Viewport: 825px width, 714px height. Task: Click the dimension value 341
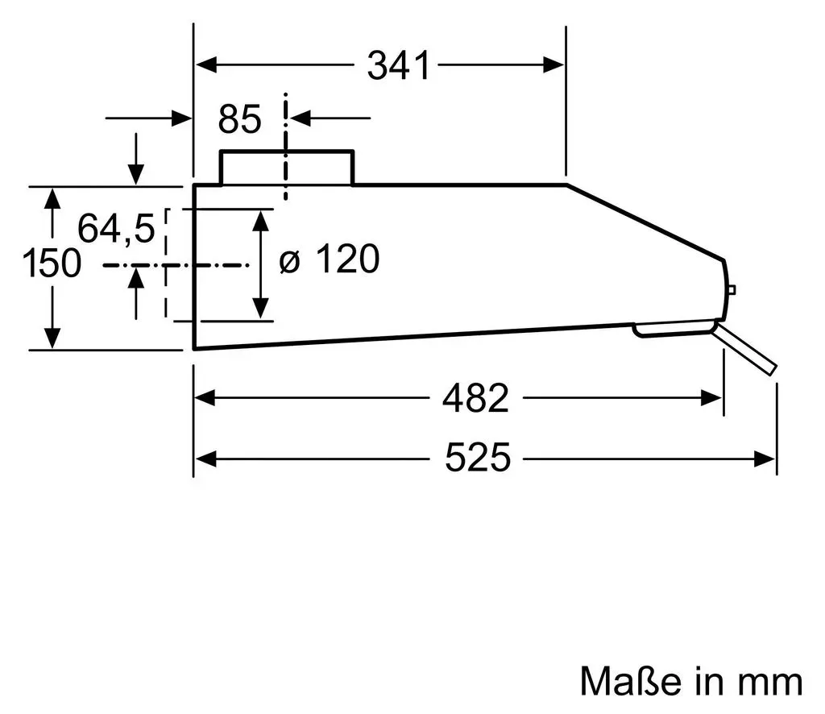tap(398, 65)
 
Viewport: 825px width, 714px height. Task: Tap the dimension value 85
tap(239, 119)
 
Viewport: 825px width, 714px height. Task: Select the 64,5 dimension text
tap(116, 228)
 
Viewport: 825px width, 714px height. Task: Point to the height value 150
tap(52, 263)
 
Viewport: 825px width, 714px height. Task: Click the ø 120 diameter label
tap(329, 259)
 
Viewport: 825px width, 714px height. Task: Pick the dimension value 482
tap(475, 398)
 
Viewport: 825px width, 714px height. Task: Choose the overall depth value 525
tap(477, 458)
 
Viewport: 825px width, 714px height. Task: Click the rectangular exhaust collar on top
tap(287, 167)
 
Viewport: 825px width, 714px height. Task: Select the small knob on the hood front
tap(732, 290)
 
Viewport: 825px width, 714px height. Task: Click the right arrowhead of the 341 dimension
tap(553, 65)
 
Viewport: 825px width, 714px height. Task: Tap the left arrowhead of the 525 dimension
tap(205, 459)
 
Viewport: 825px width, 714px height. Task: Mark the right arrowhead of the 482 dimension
tap(711, 398)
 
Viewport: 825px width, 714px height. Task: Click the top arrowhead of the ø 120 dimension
tap(261, 221)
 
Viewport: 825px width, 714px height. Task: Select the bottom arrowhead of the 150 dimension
tap(52, 338)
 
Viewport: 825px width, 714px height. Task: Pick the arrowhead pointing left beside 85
tap(301, 118)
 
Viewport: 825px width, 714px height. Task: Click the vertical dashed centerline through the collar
tap(286, 147)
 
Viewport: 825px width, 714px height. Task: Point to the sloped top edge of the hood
tap(645, 222)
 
